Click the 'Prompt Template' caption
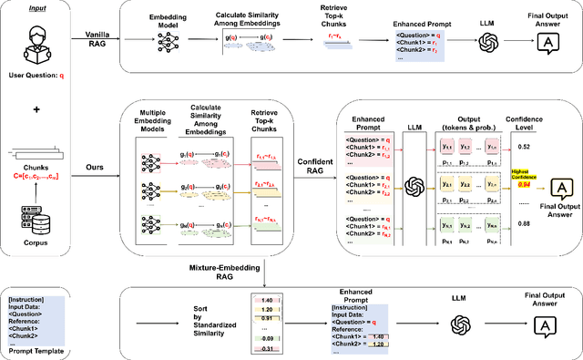36,349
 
